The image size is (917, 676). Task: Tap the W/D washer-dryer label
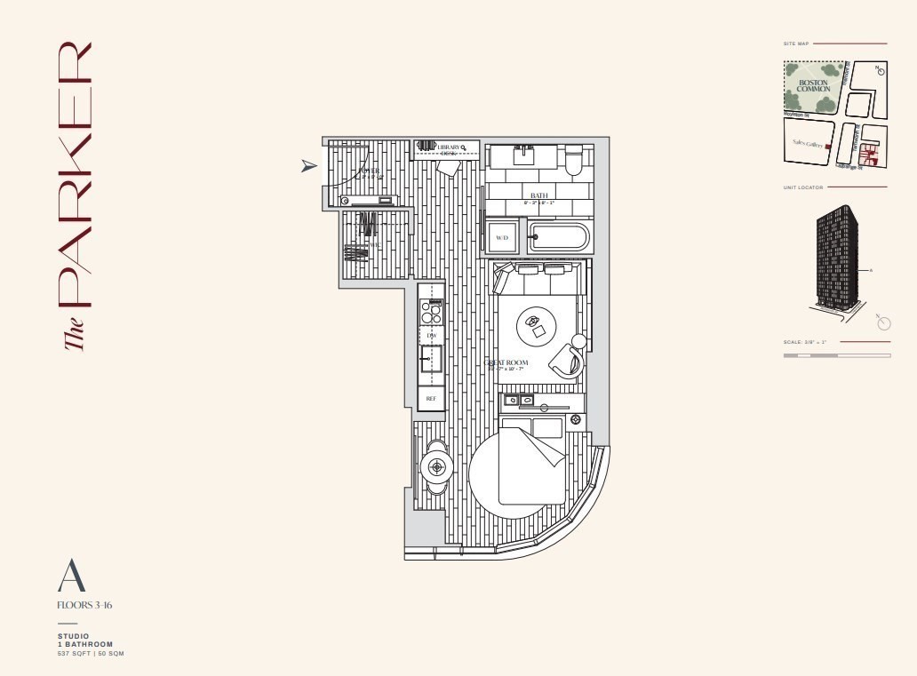coord(502,238)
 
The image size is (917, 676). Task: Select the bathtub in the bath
coord(558,237)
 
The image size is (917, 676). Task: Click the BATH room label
coord(539,195)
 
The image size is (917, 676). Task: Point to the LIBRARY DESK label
coord(449,149)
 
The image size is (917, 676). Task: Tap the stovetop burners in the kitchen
coord(432,312)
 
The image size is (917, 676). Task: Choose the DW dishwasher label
coord(432,336)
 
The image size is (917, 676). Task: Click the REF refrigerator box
coord(432,399)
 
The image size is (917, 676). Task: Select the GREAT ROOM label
coord(507,363)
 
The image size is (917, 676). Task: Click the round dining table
coord(435,465)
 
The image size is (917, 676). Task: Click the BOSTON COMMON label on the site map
coord(814,85)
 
